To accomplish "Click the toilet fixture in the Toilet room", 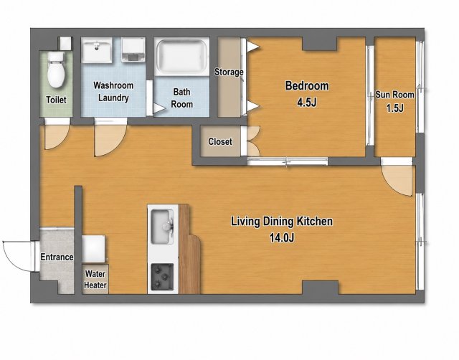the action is pyautogui.click(x=56, y=70).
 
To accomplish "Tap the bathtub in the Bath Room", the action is pyautogui.click(x=181, y=57).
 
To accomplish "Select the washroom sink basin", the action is pyautogui.click(x=97, y=50).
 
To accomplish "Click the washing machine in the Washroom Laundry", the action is pyautogui.click(x=133, y=49).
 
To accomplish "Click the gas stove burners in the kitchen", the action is pyautogui.click(x=162, y=276).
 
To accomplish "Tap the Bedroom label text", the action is pyautogui.click(x=307, y=86).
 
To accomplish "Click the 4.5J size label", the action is pyautogui.click(x=307, y=103).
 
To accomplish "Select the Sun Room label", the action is pyautogui.click(x=395, y=95).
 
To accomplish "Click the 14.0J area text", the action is pyautogui.click(x=282, y=238).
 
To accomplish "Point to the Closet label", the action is pyautogui.click(x=220, y=142).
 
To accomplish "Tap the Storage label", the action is pyautogui.click(x=229, y=72).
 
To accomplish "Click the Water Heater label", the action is pyautogui.click(x=95, y=280).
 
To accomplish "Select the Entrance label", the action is pyautogui.click(x=57, y=257).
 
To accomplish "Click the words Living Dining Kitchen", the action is pyautogui.click(x=282, y=222).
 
